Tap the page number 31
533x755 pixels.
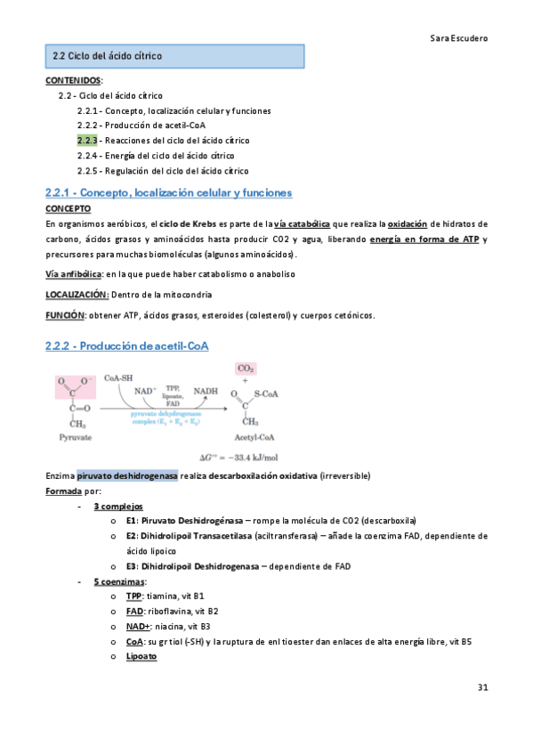[x=483, y=687]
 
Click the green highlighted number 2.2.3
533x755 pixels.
[x=86, y=141]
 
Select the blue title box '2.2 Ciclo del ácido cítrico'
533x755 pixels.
[x=174, y=56]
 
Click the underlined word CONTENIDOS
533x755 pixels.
[x=73, y=80]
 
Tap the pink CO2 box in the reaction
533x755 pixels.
[x=246, y=368]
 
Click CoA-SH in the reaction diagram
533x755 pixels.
[x=120, y=377]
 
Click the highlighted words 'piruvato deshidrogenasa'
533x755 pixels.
[x=126, y=475]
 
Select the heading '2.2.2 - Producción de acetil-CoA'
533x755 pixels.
[x=127, y=345]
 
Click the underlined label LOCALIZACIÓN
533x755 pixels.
[x=77, y=294]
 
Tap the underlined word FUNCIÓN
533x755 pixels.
[x=65, y=314]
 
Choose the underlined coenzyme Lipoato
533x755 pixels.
[x=141, y=656]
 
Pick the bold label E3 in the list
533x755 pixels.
[x=132, y=566]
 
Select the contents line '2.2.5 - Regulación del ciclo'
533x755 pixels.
[x=163, y=170]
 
